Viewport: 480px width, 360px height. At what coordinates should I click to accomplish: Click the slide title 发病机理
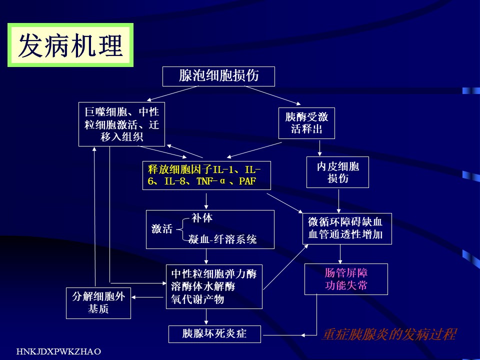coord(70,46)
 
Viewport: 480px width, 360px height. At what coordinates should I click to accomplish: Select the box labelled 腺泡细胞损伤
coord(218,76)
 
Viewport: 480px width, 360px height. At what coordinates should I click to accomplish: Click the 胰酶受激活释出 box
coord(306,123)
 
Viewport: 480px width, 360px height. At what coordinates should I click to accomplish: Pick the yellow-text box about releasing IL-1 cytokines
coord(206,175)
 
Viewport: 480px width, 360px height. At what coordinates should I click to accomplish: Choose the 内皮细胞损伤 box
coord(337,172)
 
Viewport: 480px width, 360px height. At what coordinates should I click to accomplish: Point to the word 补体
coord(202,218)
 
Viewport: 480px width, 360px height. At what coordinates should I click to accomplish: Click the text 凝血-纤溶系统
coord(222,240)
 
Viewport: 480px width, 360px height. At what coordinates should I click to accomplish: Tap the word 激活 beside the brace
coord(162,229)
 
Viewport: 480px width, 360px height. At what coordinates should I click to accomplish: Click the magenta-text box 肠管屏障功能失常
coord(346,279)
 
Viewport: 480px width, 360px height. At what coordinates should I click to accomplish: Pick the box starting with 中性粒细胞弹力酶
coord(214,286)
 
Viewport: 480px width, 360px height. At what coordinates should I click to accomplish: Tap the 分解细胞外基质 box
coord(98,303)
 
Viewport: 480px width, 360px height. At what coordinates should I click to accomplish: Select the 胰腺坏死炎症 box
coord(214,333)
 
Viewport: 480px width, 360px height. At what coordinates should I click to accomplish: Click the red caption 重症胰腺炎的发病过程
coord(389,334)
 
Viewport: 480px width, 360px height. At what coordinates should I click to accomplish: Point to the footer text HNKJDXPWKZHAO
coord(59,352)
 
